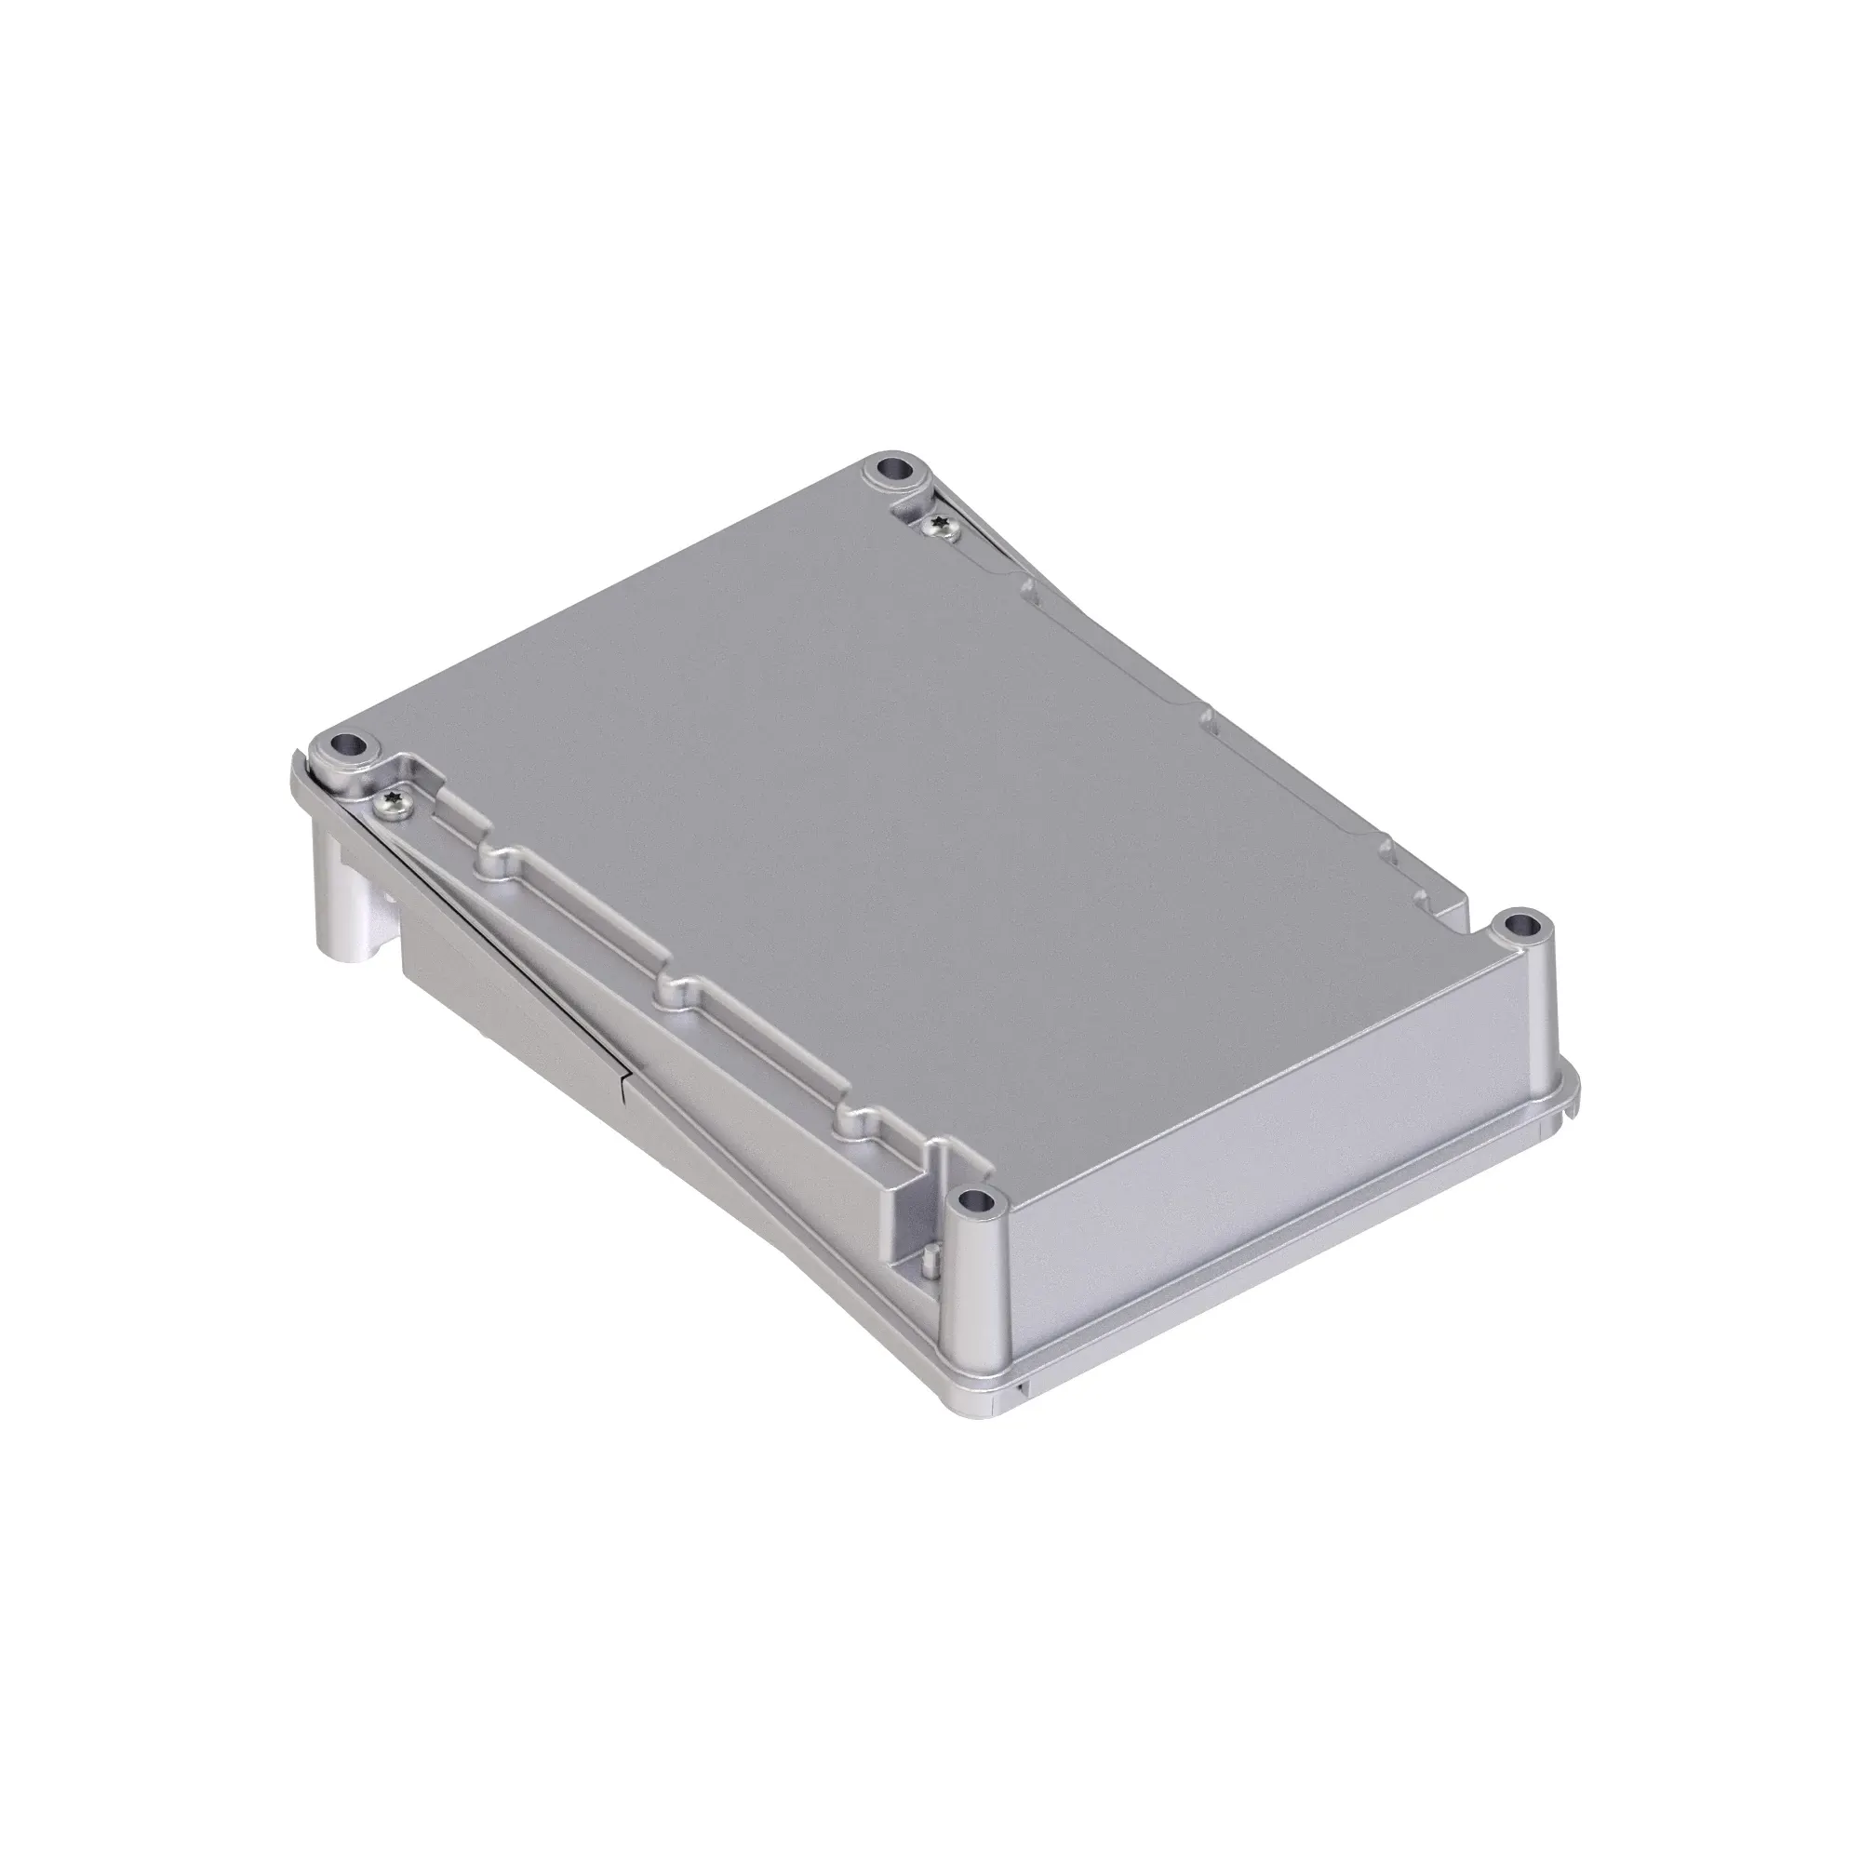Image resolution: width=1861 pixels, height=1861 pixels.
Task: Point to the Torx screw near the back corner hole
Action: coord(938,525)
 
